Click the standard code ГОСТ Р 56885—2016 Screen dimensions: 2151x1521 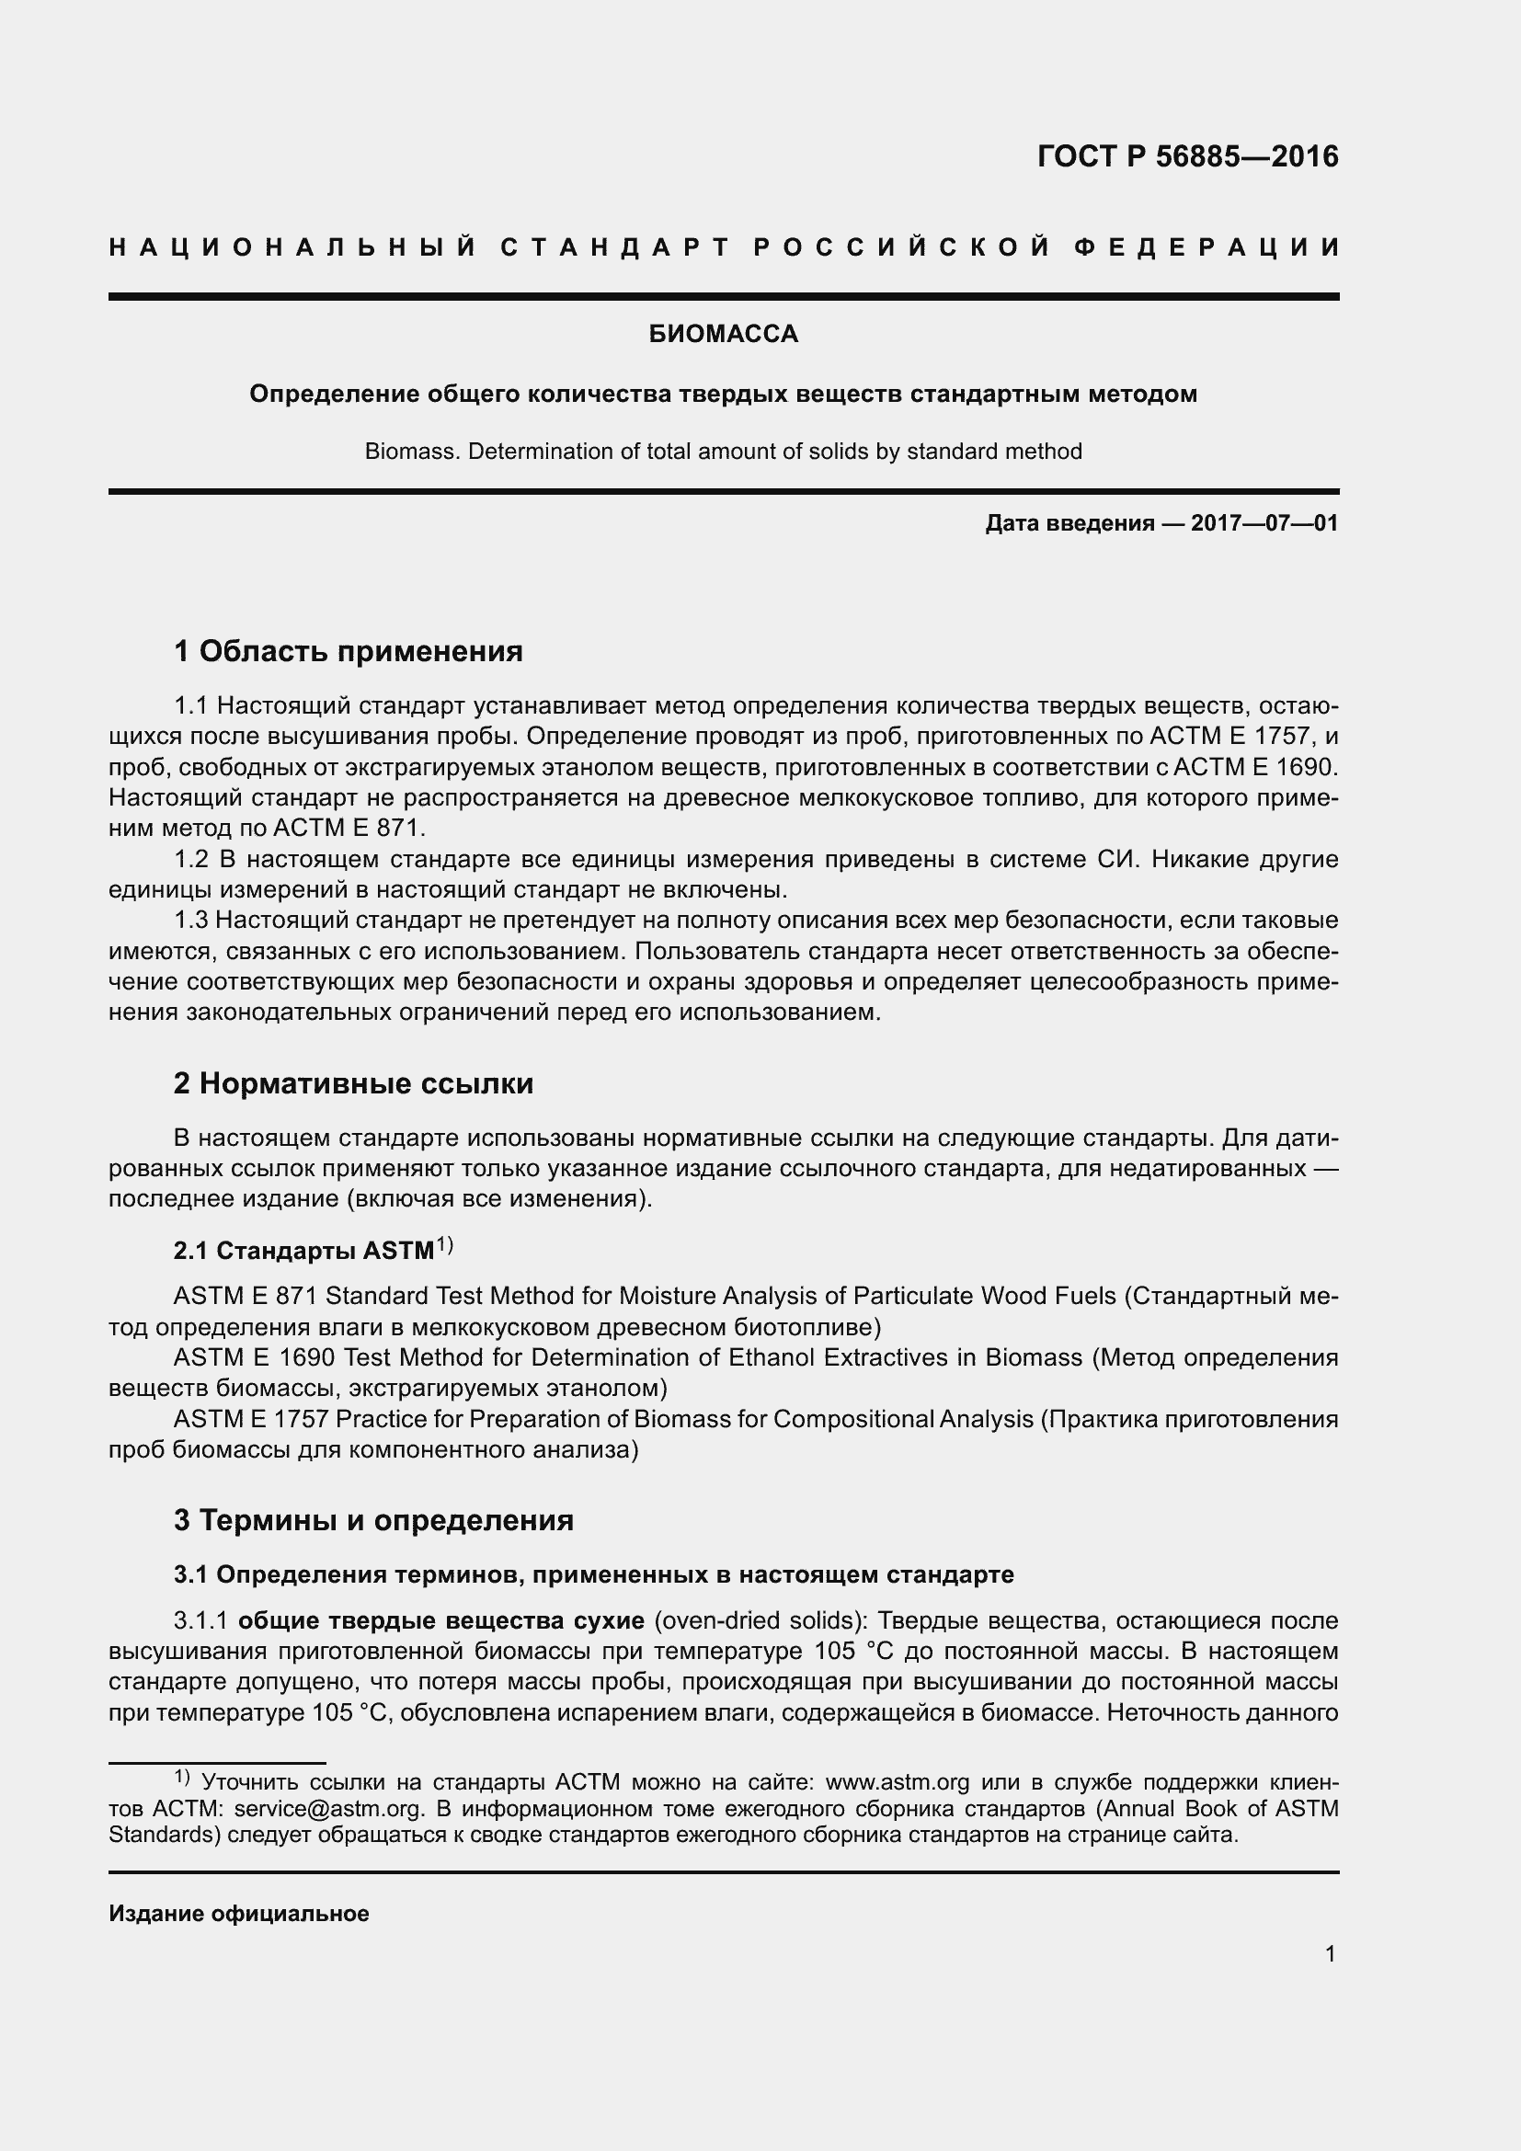pyautogui.click(x=1187, y=156)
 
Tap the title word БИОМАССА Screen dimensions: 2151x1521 pyautogui.click(x=723, y=335)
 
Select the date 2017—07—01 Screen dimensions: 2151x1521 pyautogui.click(x=1264, y=523)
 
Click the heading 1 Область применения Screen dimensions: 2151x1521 pyautogui.click(x=349, y=651)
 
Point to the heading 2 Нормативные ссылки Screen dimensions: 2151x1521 pyautogui.click(x=354, y=1084)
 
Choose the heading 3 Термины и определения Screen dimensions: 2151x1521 pyautogui.click(x=373, y=1519)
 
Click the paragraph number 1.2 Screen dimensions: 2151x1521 pyautogui.click(x=192, y=860)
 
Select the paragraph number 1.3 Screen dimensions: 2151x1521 pyautogui.click(x=192, y=921)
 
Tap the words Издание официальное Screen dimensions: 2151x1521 pyautogui.click(x=239, y=1914)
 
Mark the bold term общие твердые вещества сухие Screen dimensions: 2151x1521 pyautogui.click(x=441, y=1620)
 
